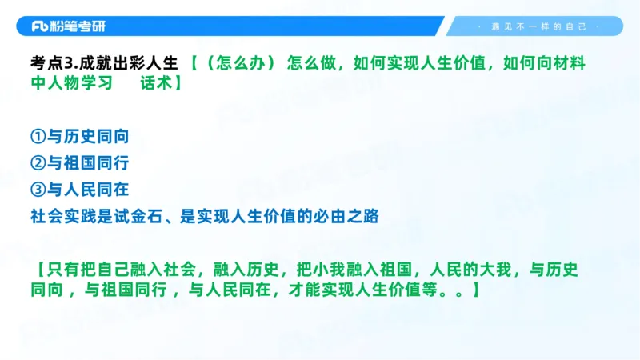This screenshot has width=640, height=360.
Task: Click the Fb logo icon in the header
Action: (40, 26)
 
